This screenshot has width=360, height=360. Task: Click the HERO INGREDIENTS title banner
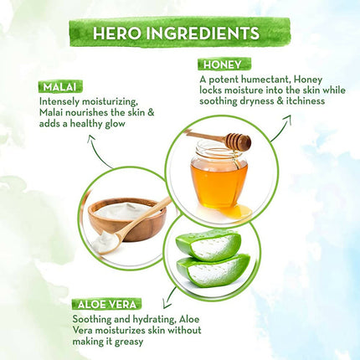click(180, 33)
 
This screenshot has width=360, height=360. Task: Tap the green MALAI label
click(60, 87)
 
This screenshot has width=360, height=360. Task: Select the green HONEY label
click(224, 64)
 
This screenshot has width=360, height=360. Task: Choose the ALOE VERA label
click(107, 304)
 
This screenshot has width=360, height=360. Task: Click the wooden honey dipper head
click(239, 141)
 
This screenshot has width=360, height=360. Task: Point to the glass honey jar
click(219, 174)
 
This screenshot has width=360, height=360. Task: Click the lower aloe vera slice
click(213, 271)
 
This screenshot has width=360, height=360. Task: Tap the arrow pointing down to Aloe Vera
click(169, 296)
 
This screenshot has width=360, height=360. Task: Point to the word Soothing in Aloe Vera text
click(92, 319)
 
